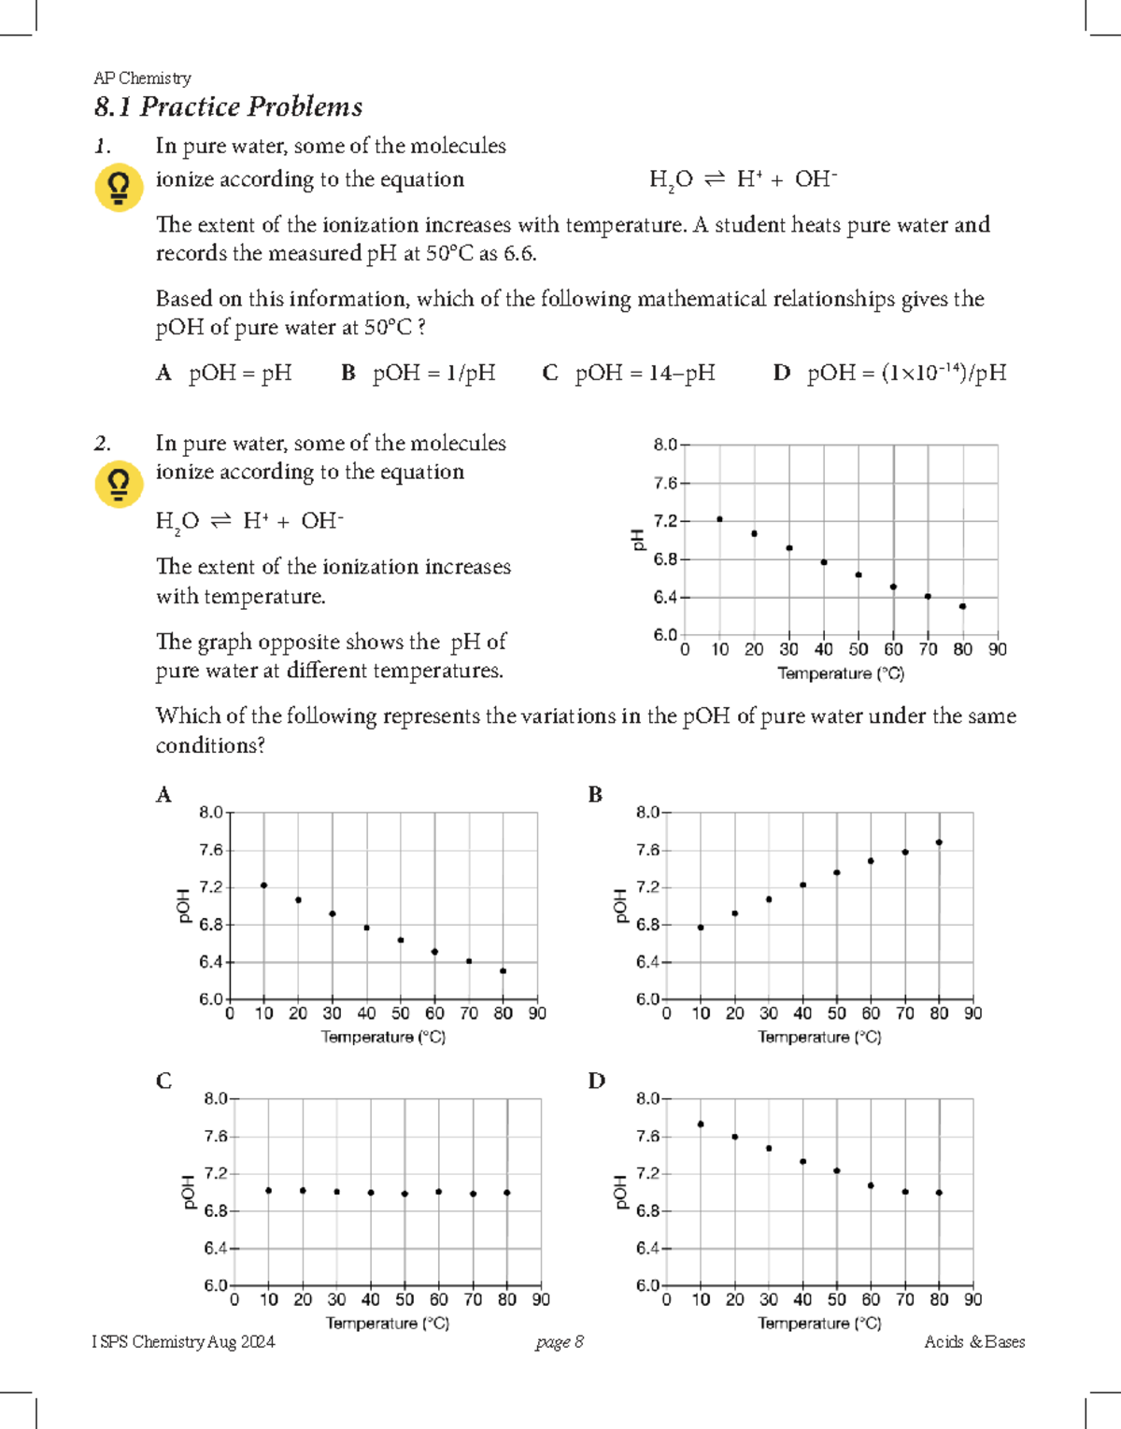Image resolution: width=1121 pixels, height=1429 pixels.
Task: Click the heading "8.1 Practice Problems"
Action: click(x=228, y=107)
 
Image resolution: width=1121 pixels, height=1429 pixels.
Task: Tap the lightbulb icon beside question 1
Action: click(x=119, y=188)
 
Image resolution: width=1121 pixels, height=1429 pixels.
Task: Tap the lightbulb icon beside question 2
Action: click(x=119, y=484)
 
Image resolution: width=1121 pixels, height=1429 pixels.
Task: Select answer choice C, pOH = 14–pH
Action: click(x=629, y=373)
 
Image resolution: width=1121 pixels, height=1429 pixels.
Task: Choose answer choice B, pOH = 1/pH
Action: click(x=418, y=373)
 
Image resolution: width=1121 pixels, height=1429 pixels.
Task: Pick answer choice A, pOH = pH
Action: click(x=224, y=373)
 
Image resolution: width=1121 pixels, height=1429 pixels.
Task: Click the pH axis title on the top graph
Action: click(x=638, y=539)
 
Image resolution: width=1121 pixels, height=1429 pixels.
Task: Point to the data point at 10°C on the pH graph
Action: click(x=719, y=519)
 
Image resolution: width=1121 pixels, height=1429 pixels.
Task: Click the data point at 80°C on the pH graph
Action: click(x=962, y=606)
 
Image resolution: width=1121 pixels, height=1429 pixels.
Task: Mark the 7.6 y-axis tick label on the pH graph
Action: click(x=665, y=483)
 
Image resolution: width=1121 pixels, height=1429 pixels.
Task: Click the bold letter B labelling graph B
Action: click(x=595, y=795)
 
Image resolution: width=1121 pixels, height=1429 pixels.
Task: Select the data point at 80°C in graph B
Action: click(x=939, y=842)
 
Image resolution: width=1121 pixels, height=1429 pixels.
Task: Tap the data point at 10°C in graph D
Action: click(x=701, y=1125)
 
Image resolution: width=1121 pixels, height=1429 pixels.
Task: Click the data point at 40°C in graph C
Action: click(x=371, y=1193)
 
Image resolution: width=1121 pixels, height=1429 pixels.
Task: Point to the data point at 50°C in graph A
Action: click(x=401, y=941)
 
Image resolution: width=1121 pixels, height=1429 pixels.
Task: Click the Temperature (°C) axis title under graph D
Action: click(x=819, y=1323)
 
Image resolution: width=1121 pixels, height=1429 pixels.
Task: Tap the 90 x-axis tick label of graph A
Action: click(x=537, y=1013)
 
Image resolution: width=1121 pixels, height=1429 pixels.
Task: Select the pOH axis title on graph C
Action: click(x=186, y=1193)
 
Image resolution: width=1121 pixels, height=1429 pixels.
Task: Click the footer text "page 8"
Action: click(x=560, y=1342)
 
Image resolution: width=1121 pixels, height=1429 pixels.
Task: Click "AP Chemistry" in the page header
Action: click(x=142, y=78)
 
